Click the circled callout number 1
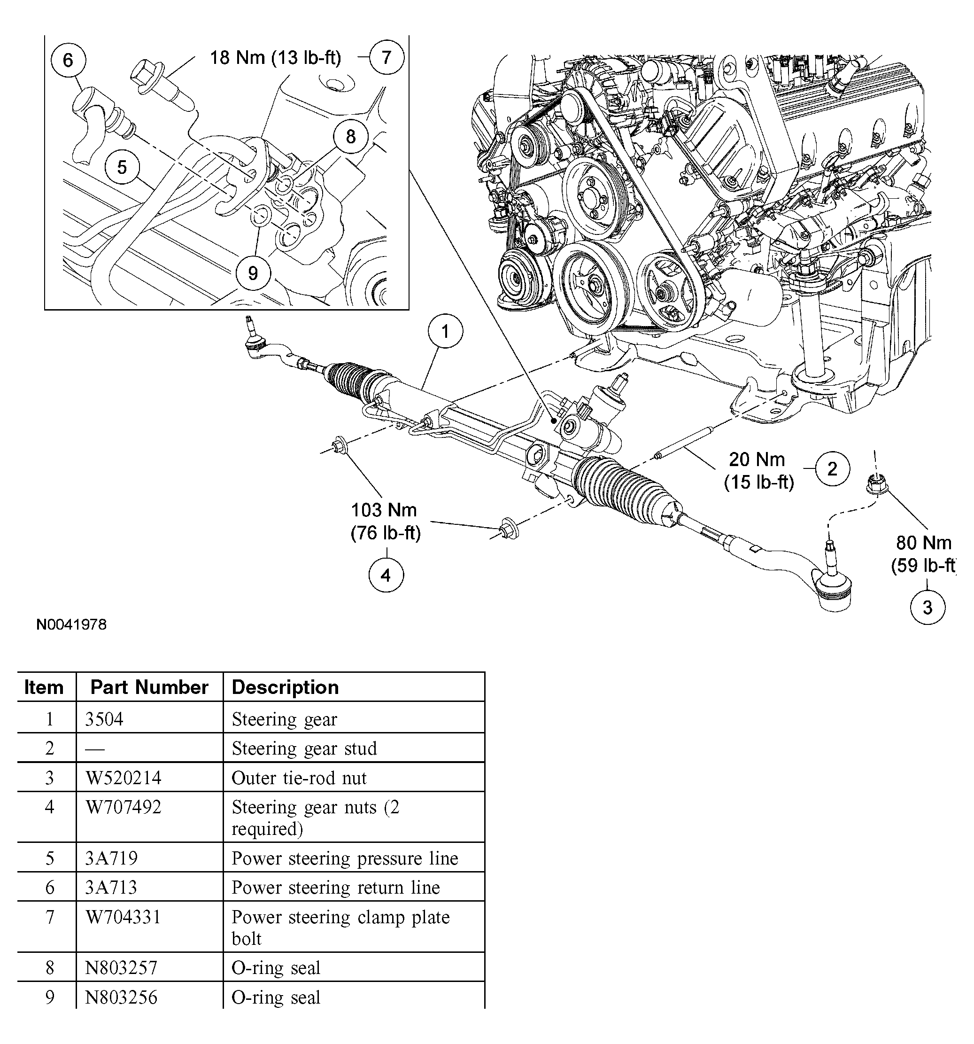445,331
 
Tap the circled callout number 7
386,57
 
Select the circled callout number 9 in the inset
253,273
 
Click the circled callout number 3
928,608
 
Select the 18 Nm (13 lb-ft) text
276,57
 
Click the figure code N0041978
71,624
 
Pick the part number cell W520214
124,778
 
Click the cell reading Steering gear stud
304,748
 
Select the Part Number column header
149,687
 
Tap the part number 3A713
111,888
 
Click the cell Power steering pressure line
345,858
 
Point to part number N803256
121,997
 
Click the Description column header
285,687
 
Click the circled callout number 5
122,168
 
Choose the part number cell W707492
124,807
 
